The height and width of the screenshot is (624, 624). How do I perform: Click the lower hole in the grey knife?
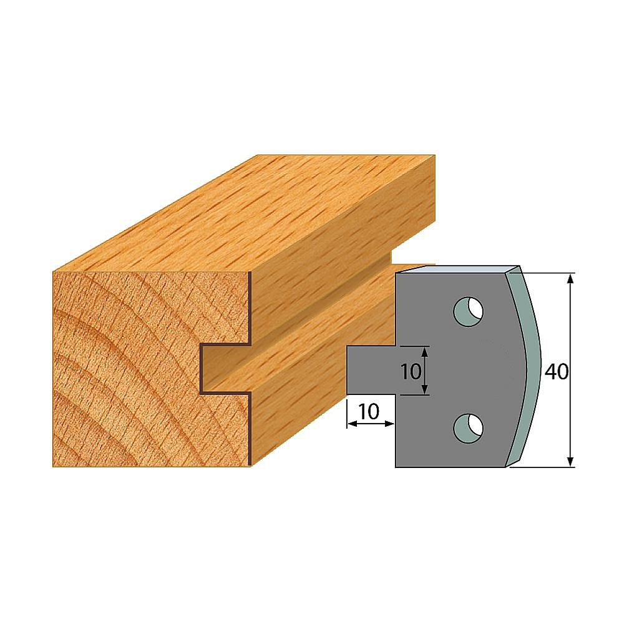[467, 426]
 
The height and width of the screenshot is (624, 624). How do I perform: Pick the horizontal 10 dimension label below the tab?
[370, 412]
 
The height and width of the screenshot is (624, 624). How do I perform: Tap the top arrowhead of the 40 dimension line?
[570, 278]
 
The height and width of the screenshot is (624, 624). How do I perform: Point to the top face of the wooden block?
[250, 212]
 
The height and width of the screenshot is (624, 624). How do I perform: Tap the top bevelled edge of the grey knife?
[456, 269]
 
